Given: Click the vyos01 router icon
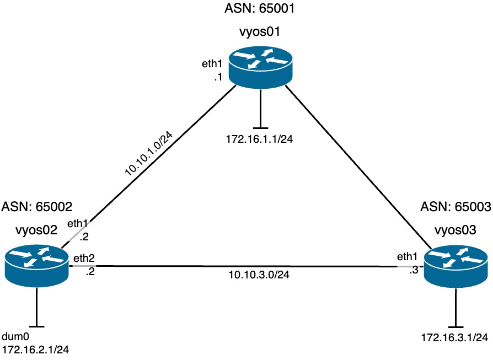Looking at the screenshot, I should tap(259, 68).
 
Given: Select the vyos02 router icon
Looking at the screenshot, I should tap(36, 264).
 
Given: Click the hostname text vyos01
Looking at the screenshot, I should tap(259, 32).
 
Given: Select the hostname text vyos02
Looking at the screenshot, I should tap(37, 231).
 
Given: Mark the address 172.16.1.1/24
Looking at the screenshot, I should tap(259, 138).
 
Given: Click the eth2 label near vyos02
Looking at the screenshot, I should tap(81, 258).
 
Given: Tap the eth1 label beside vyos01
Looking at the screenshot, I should tap(212, 64).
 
